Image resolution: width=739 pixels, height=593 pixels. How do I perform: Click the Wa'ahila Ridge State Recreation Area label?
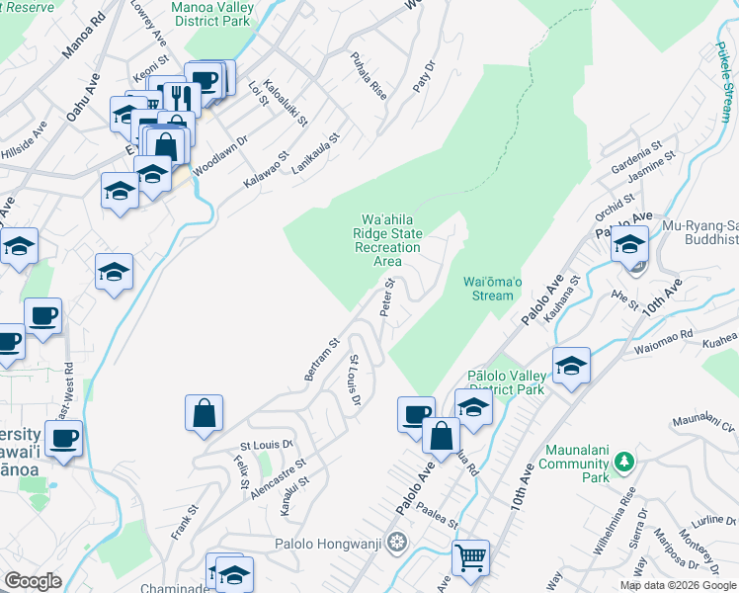tap(392, 239)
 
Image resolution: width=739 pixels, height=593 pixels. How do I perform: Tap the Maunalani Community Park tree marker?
tap(622, 462)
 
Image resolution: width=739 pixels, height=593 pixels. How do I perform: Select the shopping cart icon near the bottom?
tap(471, 557)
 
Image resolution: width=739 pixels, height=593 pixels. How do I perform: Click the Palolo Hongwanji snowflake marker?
tap(397, 543)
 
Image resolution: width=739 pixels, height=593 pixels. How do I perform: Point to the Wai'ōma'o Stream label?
tap(489, 289)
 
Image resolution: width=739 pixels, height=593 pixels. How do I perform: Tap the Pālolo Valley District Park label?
tap(505, 382)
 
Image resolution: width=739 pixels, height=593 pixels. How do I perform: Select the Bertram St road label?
tap(322, 361)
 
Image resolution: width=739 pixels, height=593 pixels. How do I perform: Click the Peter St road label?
tap(388, 297)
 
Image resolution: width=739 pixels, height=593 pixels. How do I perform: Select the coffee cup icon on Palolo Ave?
tap(416, 413)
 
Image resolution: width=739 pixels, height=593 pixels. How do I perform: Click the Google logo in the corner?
tap(33, 581)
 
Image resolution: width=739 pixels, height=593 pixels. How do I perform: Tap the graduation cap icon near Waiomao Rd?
tap(571, 366)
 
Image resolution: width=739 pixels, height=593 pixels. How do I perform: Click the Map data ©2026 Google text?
tap(677, 585)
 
